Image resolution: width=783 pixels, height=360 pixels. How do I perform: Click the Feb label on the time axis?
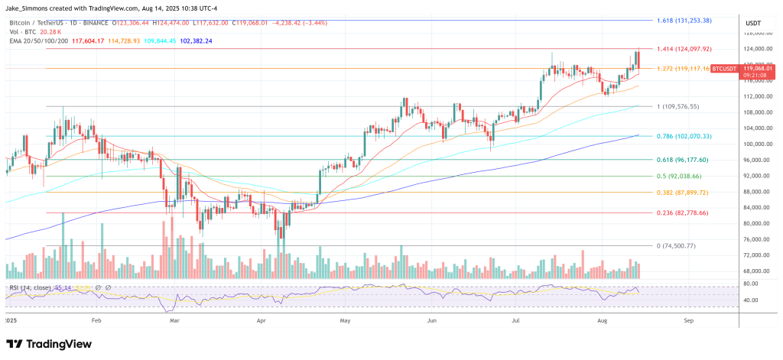96,322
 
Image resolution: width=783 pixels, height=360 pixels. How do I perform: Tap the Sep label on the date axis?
689,322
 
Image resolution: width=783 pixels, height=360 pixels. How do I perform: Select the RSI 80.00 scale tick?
752,284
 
